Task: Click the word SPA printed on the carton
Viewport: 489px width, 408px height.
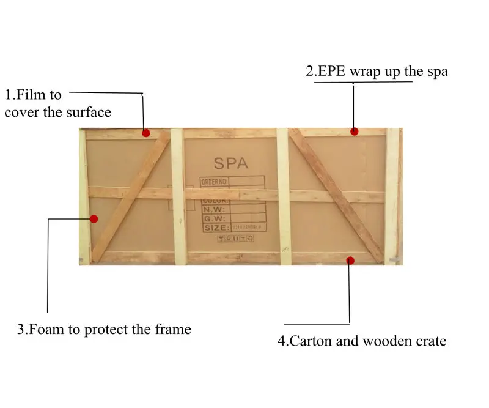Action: pos(230,163)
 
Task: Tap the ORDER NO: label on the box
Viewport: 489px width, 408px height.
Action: pos(215,182)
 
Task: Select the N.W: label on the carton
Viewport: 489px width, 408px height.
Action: pos(214,209)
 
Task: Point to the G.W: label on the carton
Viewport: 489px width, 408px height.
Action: pos(214,218)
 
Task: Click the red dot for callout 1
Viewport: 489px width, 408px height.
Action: pos(146,133)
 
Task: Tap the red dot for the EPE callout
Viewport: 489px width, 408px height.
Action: pos(354,131)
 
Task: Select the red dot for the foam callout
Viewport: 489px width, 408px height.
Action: pos(94,218)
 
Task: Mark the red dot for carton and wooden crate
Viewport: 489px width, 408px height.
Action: pos(350,261)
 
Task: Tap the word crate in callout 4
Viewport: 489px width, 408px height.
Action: pos(429,341)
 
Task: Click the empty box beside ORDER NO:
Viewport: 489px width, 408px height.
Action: pos(247,182)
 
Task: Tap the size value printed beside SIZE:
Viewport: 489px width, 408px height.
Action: pos(247,228)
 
